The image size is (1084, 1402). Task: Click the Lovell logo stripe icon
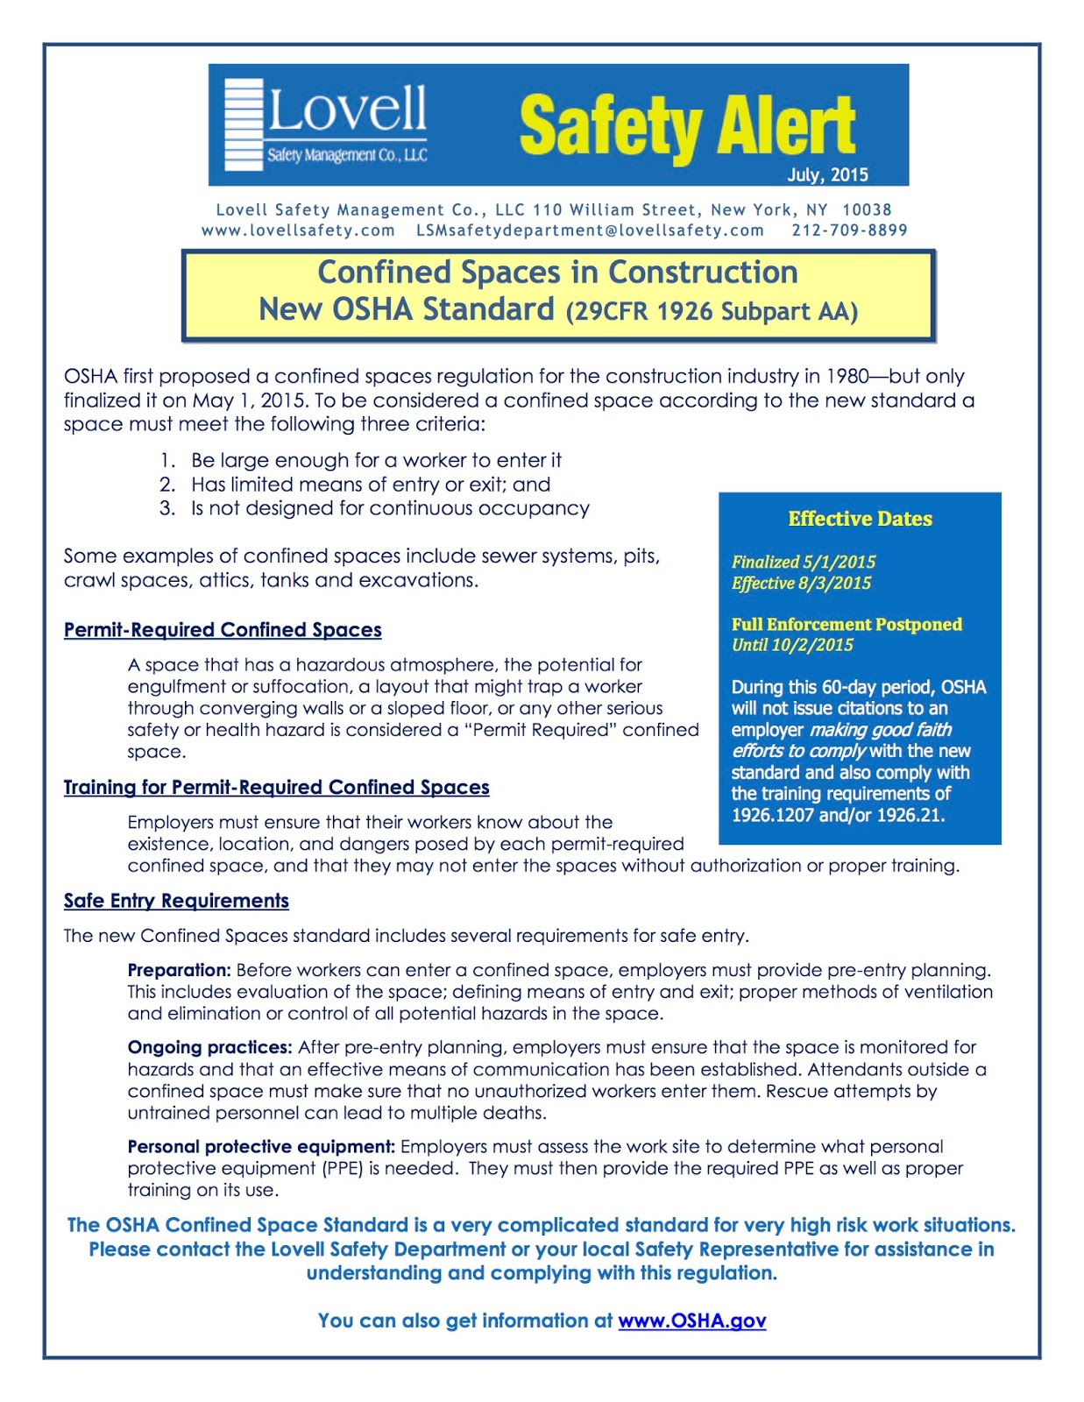click(x=244, y=124)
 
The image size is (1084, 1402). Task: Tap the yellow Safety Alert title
click(x=686, y=126)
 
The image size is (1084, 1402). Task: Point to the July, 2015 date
click(x=826, y=174)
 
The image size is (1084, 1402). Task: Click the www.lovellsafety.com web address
click(x=298, y=230)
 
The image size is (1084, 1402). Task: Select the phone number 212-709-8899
click(x=849, y=230)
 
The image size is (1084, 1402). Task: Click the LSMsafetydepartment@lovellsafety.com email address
click(x=590, y=230)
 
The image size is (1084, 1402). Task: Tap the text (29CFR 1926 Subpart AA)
click(x=712, y=312)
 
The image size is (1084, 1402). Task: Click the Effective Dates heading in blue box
click(x=860, y=519)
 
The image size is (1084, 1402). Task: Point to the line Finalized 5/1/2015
click(x=804, y=562)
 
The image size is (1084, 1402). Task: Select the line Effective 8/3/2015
click(x=802, y=583)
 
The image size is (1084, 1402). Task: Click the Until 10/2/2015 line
click(x=792, y=645)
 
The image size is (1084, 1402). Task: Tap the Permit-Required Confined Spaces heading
click(x=223, y=630)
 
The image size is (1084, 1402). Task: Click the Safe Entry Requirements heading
click(x=176, y=901)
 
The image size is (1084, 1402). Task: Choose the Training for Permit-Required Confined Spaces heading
click(x=276, y=787)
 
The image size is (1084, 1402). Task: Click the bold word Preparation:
click(x=180, y=970)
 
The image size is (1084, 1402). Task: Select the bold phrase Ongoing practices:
click(x=209, y=1047)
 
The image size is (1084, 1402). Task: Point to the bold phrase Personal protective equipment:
click(x=261, y=1146)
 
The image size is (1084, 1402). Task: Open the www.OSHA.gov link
click(x=692, y=1321)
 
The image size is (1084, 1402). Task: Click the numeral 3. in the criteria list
click(x=167, y=508)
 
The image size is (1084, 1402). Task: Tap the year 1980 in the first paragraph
click(x=847, y=377)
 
